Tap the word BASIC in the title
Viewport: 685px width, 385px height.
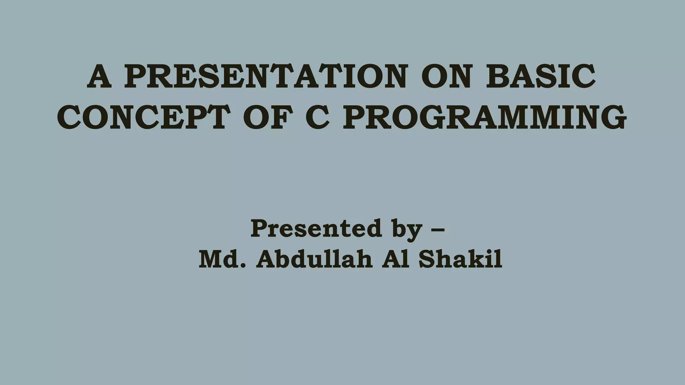541,77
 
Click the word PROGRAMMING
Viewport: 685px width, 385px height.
484,117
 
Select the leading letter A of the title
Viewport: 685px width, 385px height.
99,77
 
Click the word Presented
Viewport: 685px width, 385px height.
316,229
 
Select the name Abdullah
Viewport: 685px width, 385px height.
314,259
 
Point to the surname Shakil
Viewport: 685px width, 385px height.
460,259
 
